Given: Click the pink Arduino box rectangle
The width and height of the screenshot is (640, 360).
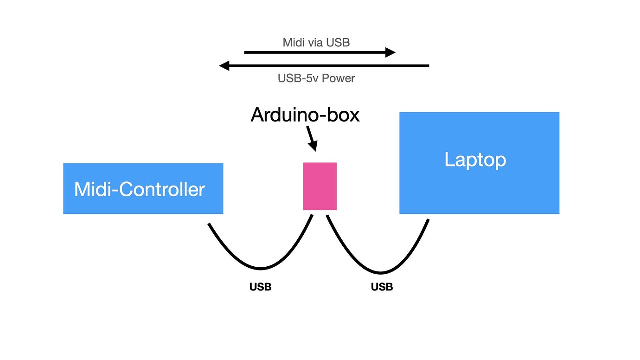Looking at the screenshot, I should (x=320, y=186).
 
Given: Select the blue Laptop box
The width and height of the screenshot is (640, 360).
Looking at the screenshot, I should (x=479, y=186).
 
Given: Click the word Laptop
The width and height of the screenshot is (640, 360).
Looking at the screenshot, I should (x=475, y=160).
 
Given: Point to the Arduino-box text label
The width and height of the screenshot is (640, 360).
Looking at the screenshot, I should (x=305, y=115).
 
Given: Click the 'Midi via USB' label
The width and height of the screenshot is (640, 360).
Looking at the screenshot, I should (x=316, y=43).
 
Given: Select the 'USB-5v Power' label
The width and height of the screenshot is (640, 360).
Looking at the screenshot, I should (x=316, y=78).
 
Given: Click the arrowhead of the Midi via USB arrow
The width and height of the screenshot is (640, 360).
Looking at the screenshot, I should (x=390, y=52).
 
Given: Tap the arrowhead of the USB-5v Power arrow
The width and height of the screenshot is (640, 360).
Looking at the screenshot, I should (x=224, y=66).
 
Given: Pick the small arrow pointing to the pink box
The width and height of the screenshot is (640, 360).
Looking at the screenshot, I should (x=311, y=140).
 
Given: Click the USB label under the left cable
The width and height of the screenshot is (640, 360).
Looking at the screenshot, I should (x=260, y=287).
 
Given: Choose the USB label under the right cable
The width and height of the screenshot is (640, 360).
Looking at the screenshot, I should (x=382, y=287).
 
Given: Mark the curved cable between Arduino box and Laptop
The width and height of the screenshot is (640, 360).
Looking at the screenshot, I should (x=380, y=272).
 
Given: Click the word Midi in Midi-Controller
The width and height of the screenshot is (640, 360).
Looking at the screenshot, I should (x=90, y=189).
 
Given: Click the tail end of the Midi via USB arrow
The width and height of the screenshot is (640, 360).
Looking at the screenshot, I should (x=246, y=52).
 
